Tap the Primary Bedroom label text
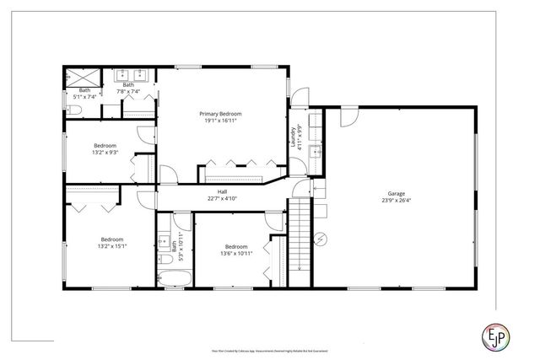[x=220, y=114]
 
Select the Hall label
[x=222, y=192]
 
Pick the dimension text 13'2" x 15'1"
[x=112, y=244]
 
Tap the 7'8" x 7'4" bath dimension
[x=128, y=91]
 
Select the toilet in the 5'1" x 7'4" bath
[x=74, y=110]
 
